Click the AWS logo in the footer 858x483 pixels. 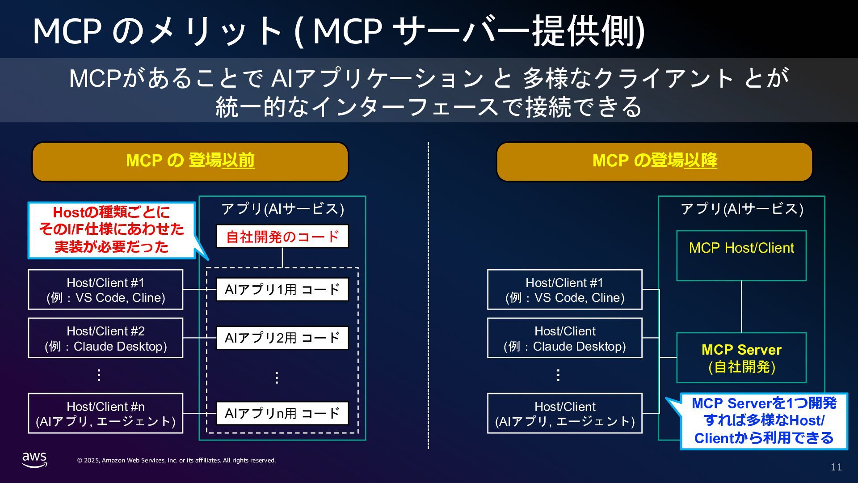coord(34,459)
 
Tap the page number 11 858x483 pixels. coord(836,467)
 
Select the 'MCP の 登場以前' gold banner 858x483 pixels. coord(190,161)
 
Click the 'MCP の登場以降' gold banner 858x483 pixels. coord(654,161)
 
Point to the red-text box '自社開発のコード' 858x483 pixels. coord(282,236)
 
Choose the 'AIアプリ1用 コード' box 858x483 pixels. coord(282,289)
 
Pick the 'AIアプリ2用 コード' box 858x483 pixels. coord(282,338)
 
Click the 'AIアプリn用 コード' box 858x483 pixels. coord(282,413)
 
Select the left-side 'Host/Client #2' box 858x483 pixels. coord(105,338)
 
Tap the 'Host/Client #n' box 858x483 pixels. coord(105,414)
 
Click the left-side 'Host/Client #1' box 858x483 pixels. coord(105,290)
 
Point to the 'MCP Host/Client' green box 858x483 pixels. coord(741,255)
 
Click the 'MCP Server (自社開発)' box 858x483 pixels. coord(741,358)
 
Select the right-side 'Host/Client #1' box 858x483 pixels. coord(564,290)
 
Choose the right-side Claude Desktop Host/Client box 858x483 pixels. coord(564,338)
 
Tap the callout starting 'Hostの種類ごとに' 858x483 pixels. coord(111,230)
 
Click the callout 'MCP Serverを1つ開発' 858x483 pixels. coord(764,421)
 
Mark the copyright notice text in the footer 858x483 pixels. coord(177,460)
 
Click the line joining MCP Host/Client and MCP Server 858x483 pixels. coord(741,307)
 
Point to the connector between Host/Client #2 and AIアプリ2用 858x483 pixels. coord(199,338)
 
